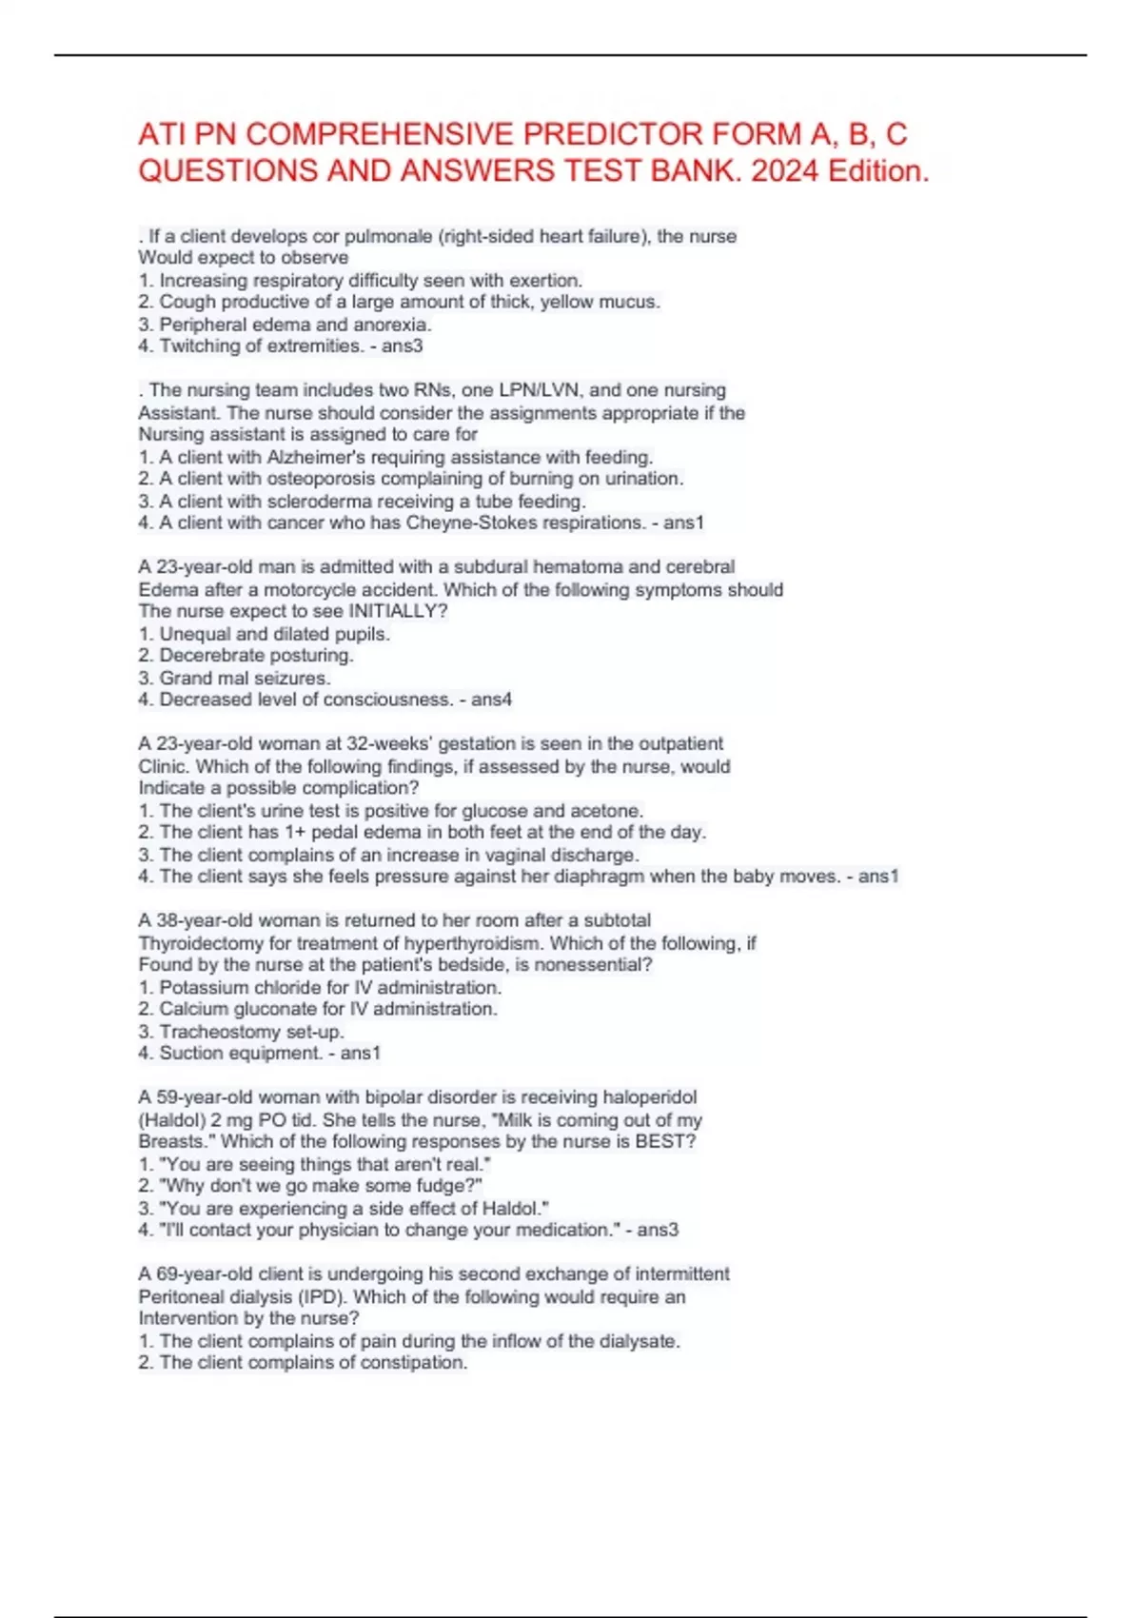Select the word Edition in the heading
pos(876,171)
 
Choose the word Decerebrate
pos(206,656)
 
